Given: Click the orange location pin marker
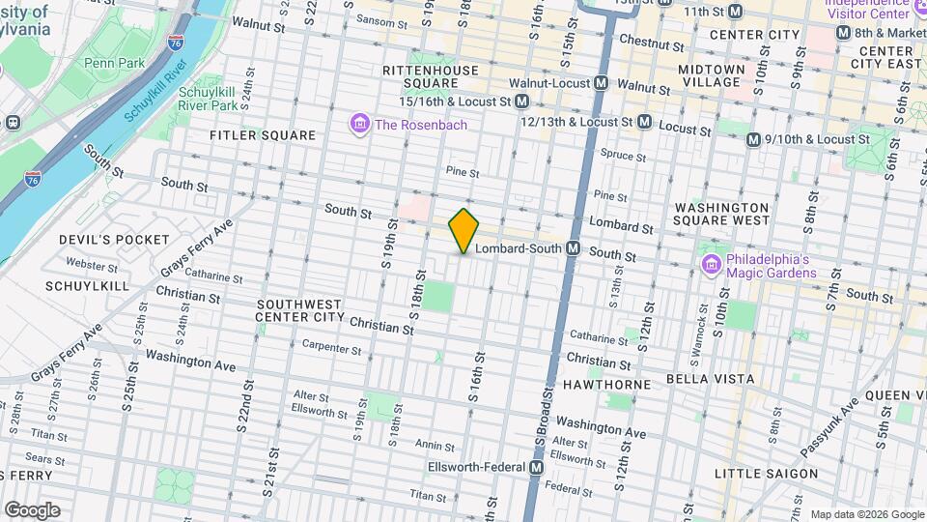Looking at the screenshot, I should click(x=463, y=230).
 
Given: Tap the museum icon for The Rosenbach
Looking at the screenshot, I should click(x=359, y=124).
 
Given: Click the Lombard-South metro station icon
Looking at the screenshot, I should click(x=573, y=248).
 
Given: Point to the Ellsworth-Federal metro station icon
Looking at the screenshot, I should click(x=536, y=467).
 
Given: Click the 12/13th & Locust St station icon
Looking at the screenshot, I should click(x=644, y=123).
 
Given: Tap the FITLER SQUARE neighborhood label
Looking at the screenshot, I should click(x=263, y=135).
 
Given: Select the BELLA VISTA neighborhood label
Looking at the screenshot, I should click(x=714, y=378).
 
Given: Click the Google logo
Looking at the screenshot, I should click(x=32, y=509).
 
